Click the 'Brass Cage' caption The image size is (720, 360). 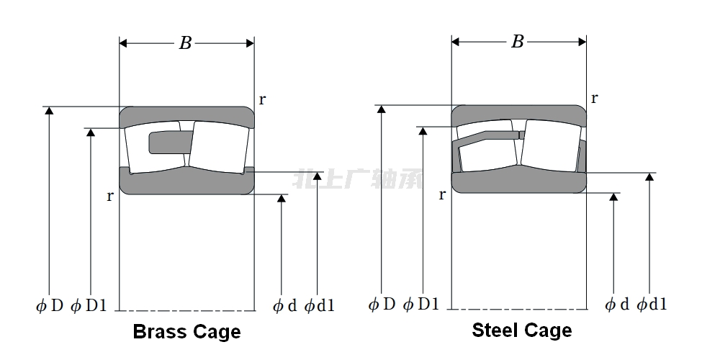click(x=186, y=332)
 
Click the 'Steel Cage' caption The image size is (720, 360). click(x=521, y=330)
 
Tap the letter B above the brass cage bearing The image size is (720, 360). click(x=185, y=43)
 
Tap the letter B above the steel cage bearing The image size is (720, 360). click(x=517, y=42)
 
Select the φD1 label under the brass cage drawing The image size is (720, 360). click(x=89, y=305)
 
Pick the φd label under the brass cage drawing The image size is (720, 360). click(x=284, y=306)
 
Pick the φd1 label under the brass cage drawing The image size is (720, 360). click(x=319, y=306)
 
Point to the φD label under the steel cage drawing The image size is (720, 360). click(x=382, y=304)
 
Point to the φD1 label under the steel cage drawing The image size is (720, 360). click(x=421, y=304)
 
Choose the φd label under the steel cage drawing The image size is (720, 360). click(x=617, y=305)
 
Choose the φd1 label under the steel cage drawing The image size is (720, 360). click(x=652, y=305)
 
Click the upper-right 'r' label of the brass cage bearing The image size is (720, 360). click(x=262, y=100)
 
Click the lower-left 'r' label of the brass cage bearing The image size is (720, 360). click(x=110, y=196)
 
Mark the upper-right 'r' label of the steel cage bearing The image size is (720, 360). click(x=594, y=98)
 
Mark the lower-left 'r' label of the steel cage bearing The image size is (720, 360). click(x=442, y=194)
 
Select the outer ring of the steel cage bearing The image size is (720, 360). click(x=518, y=112)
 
